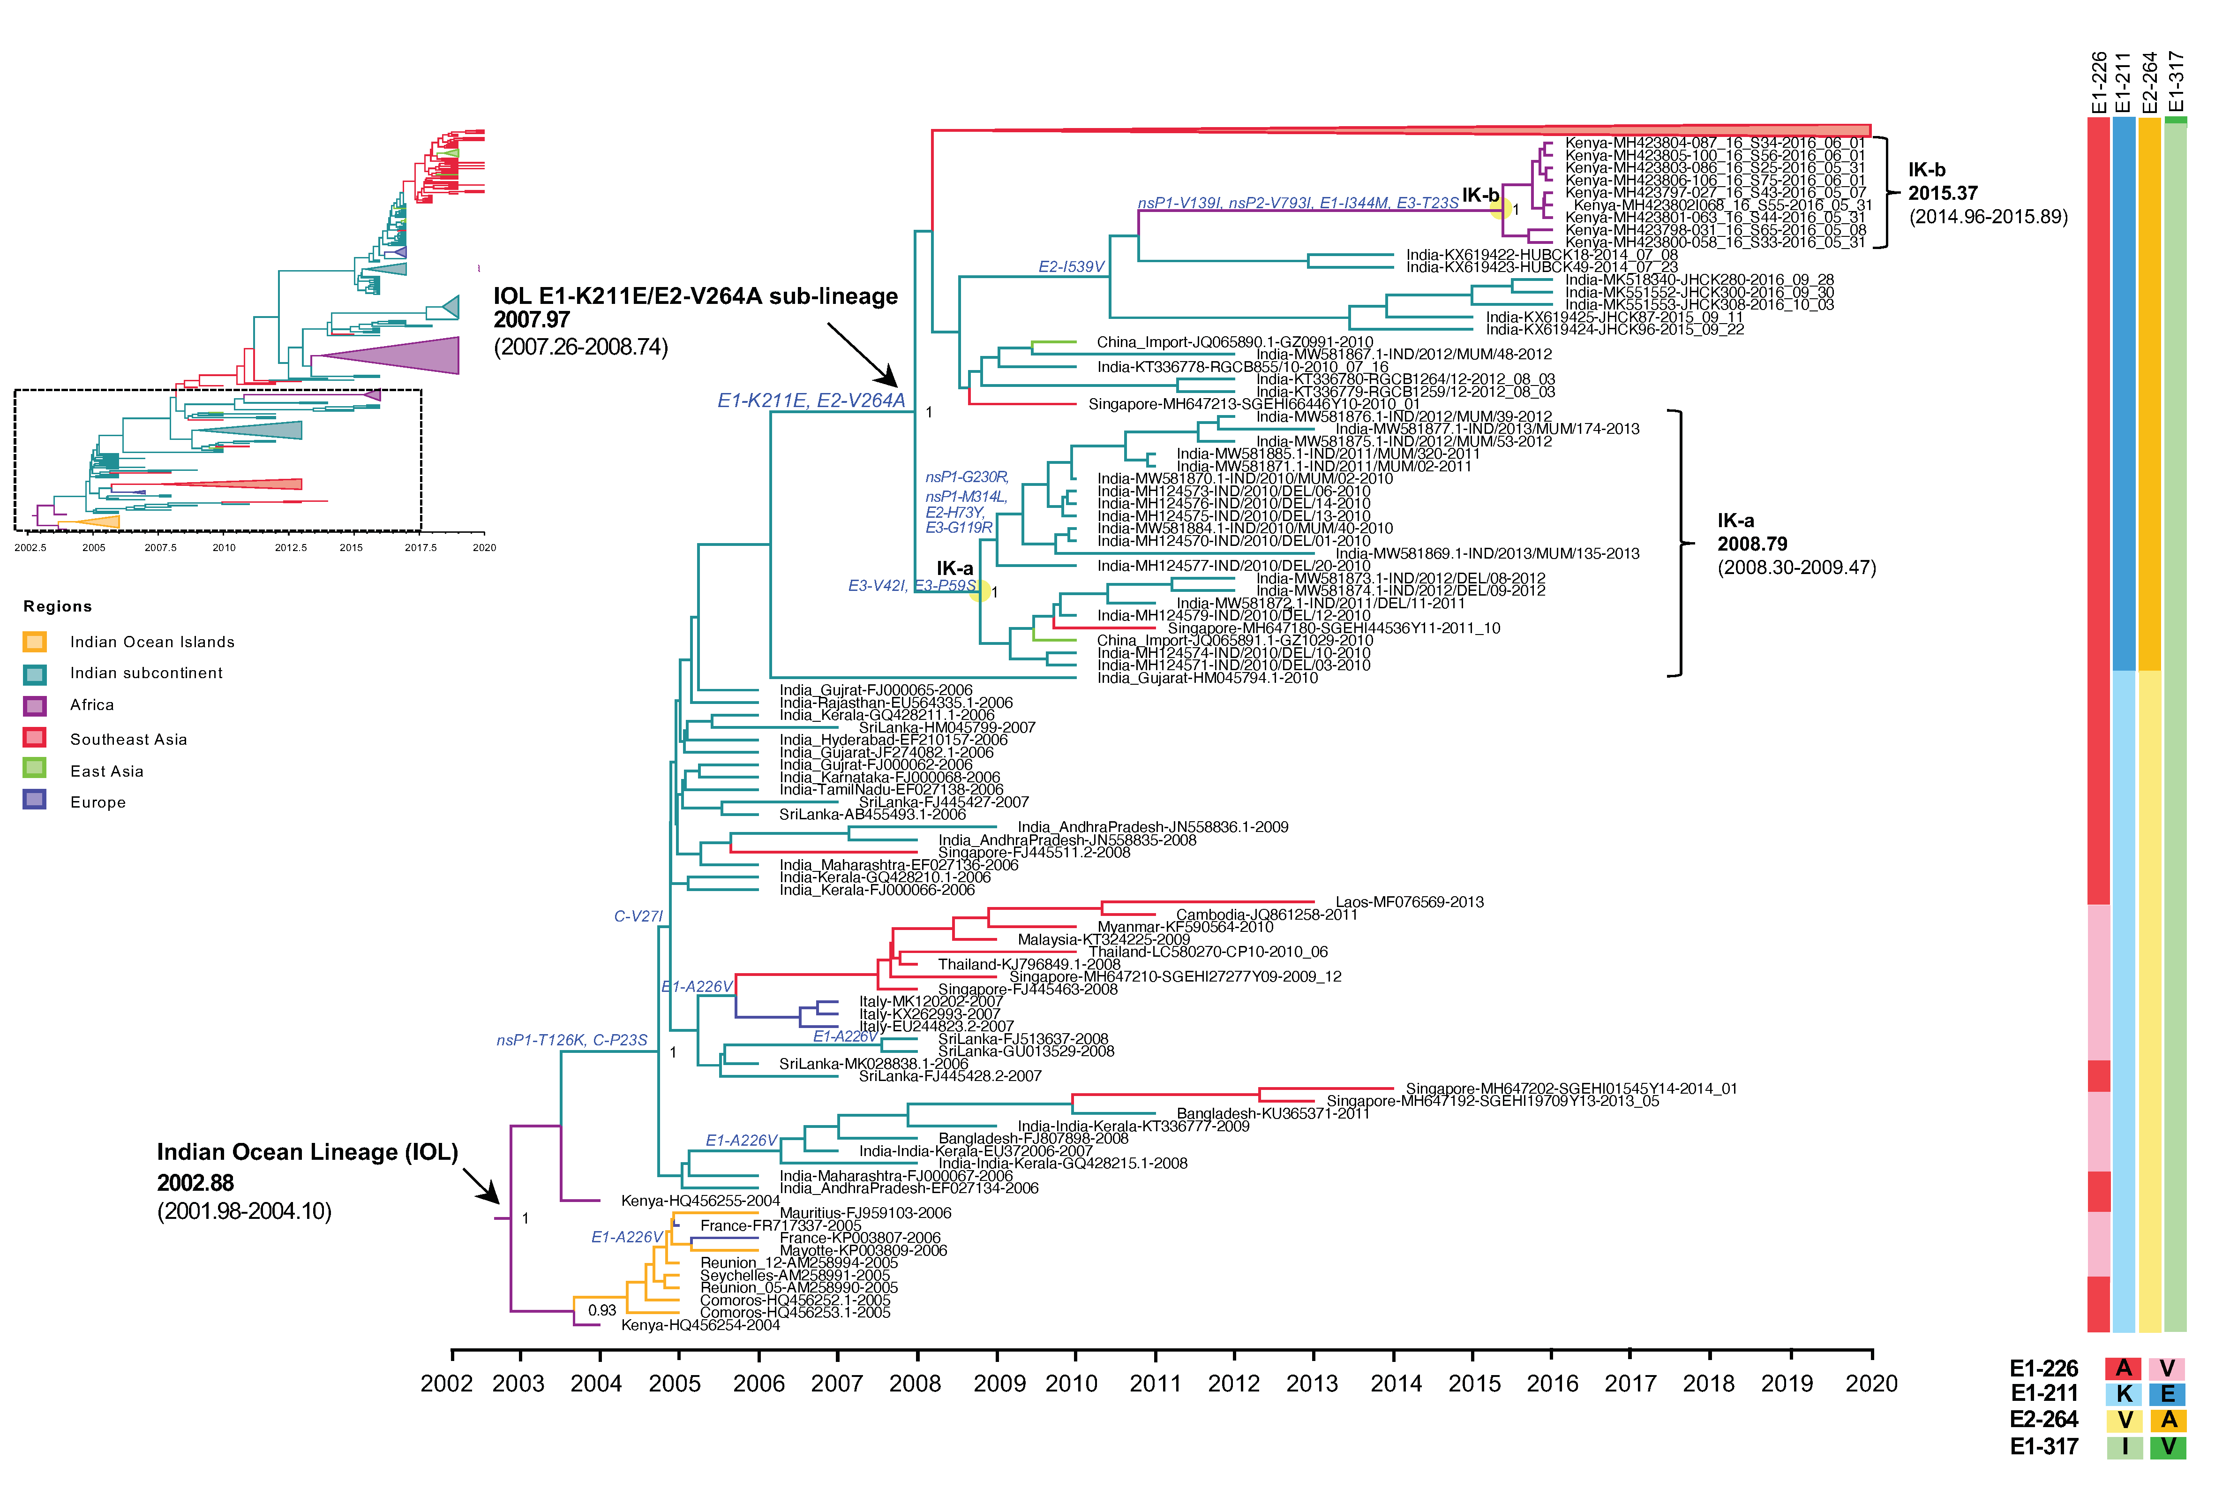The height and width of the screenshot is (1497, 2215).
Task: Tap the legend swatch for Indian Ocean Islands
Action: coord(34,642)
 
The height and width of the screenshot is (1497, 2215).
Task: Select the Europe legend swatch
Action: coord(34,800)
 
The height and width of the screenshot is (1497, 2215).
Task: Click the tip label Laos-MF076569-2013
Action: coord(1409,902)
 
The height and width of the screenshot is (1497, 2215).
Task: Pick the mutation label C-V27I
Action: coord(638,916)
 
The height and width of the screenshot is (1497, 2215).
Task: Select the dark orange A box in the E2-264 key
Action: coord(2168,1420)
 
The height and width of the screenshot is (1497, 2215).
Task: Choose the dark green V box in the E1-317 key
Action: coord(2168,1446)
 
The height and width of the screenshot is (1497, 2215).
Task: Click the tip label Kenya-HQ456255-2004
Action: coord(699,1201)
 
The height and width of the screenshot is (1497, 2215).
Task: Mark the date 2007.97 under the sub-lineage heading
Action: coord(531,320)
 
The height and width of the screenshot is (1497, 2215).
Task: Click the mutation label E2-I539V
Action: coord(1071,267)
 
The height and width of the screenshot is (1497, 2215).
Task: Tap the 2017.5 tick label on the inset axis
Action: coord(420,547)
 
